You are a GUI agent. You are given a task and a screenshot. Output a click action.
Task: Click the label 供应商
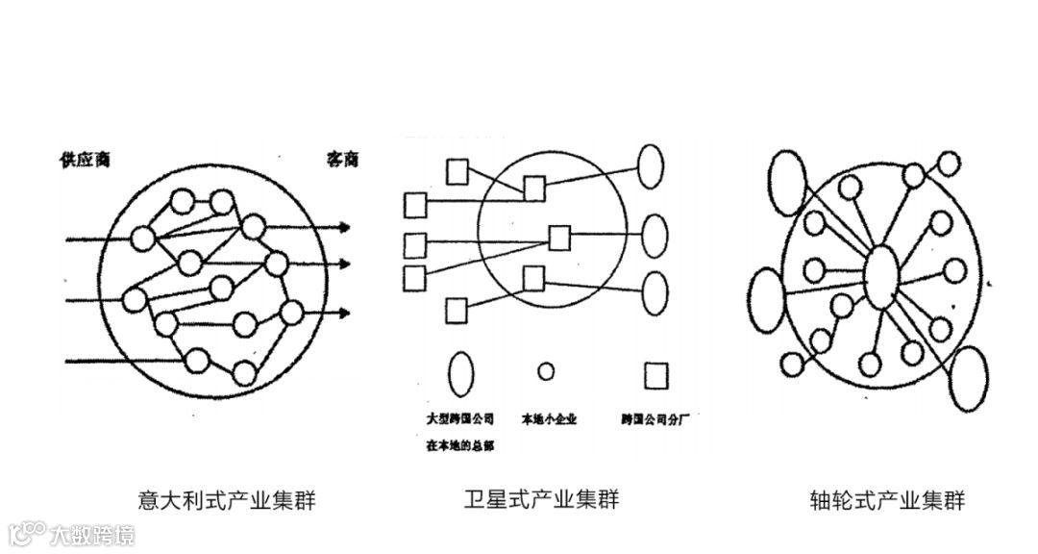tap(85, 159)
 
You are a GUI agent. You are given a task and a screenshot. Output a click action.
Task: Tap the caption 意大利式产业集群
tap(227, 500)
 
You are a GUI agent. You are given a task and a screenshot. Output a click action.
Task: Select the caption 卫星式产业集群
tap(541, 499)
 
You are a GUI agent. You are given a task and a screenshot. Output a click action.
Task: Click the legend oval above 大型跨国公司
tap(461, 372)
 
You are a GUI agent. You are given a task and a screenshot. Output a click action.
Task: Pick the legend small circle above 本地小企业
tap(546, 371)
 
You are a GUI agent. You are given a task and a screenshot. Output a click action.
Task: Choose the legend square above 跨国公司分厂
tap(656, 374)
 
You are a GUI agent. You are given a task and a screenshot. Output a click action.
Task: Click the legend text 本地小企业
tap(548, 419)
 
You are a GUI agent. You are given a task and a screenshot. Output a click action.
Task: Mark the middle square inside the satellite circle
tap(559, 237)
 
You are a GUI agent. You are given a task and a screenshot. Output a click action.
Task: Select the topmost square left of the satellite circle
tap(457, 172)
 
